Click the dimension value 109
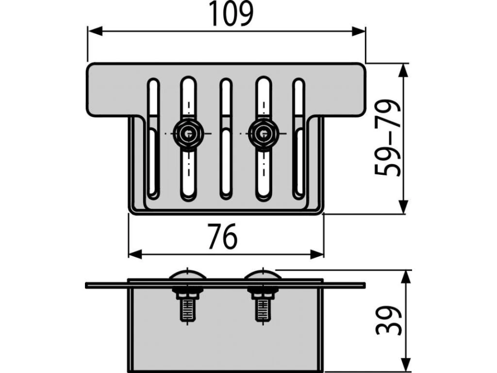point(231,15)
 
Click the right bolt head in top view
point(263,133)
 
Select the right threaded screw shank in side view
point(262,309)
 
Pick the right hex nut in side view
point(262,293)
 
